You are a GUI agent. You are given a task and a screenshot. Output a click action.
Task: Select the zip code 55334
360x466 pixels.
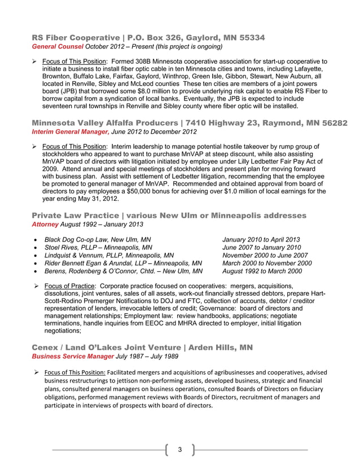coord(249,38)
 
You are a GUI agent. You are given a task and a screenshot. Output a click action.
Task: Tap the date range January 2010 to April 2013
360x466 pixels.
coord(261,240)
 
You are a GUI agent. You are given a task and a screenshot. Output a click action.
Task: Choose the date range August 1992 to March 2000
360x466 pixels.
coord(262,271)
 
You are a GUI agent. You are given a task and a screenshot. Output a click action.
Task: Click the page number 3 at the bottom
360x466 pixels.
coord(179,449)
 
